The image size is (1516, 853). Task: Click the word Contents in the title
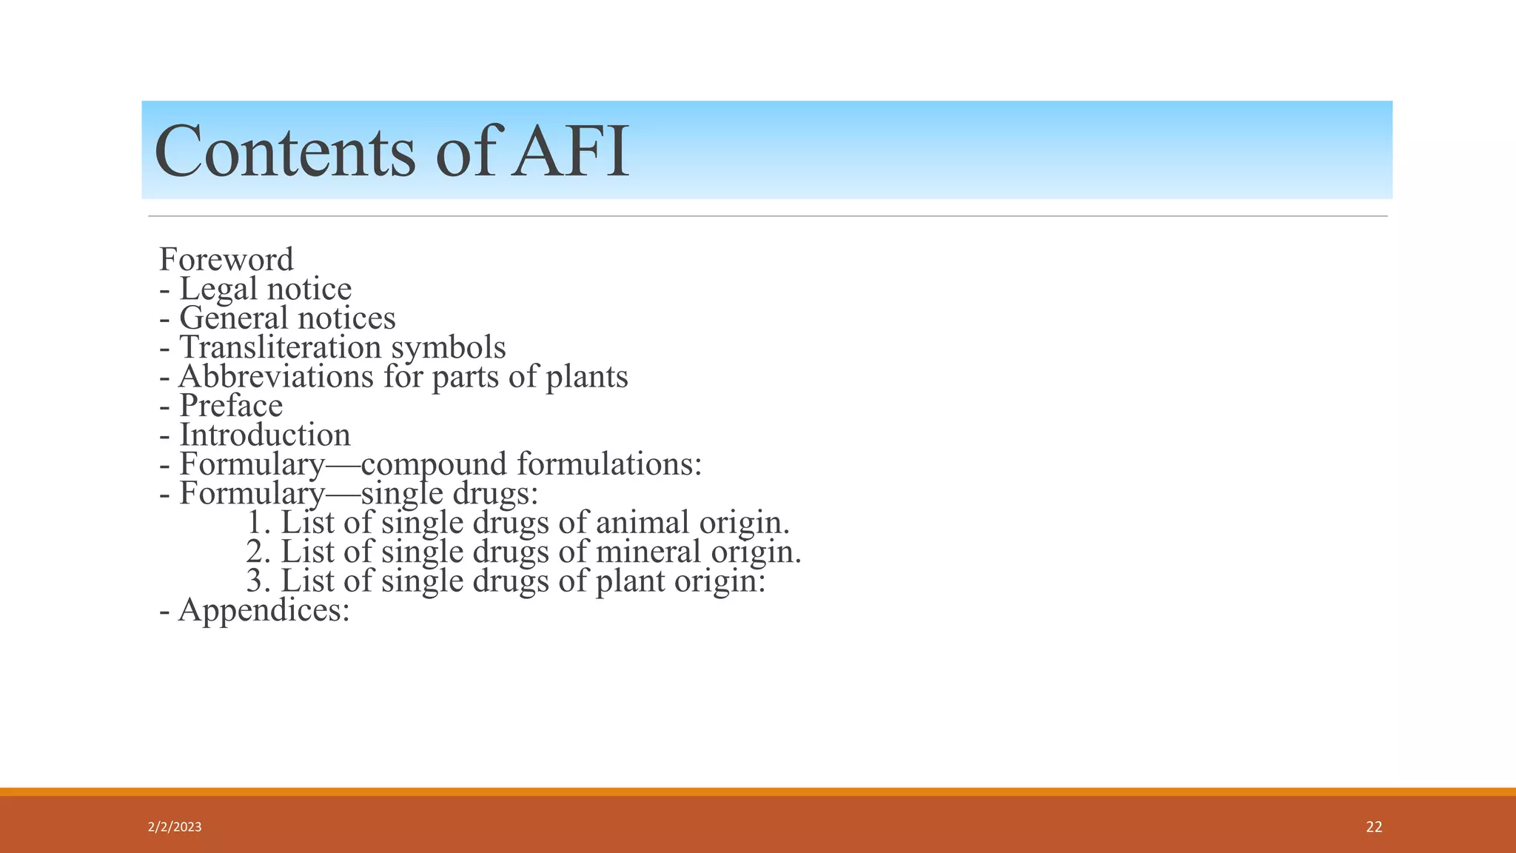point(285,152)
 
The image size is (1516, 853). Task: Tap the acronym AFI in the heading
point(570,152)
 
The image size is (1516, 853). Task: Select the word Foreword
point(227,259)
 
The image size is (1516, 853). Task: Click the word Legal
point(219,290)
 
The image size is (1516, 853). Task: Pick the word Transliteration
point(280,347)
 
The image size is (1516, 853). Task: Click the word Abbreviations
point(276,376)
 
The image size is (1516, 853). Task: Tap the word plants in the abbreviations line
point(586,377)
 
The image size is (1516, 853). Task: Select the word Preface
point(231,406)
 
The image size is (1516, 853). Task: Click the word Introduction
point(265,435)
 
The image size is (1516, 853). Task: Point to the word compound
point(435,465)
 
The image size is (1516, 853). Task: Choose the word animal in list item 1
point(642,522)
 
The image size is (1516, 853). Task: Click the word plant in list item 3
point(630,581)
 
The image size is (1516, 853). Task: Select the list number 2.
point(256,552)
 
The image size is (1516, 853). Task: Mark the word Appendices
point(264,610)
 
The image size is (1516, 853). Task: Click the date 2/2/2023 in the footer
point(175,827)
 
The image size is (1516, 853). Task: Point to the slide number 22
point(1374,827)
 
